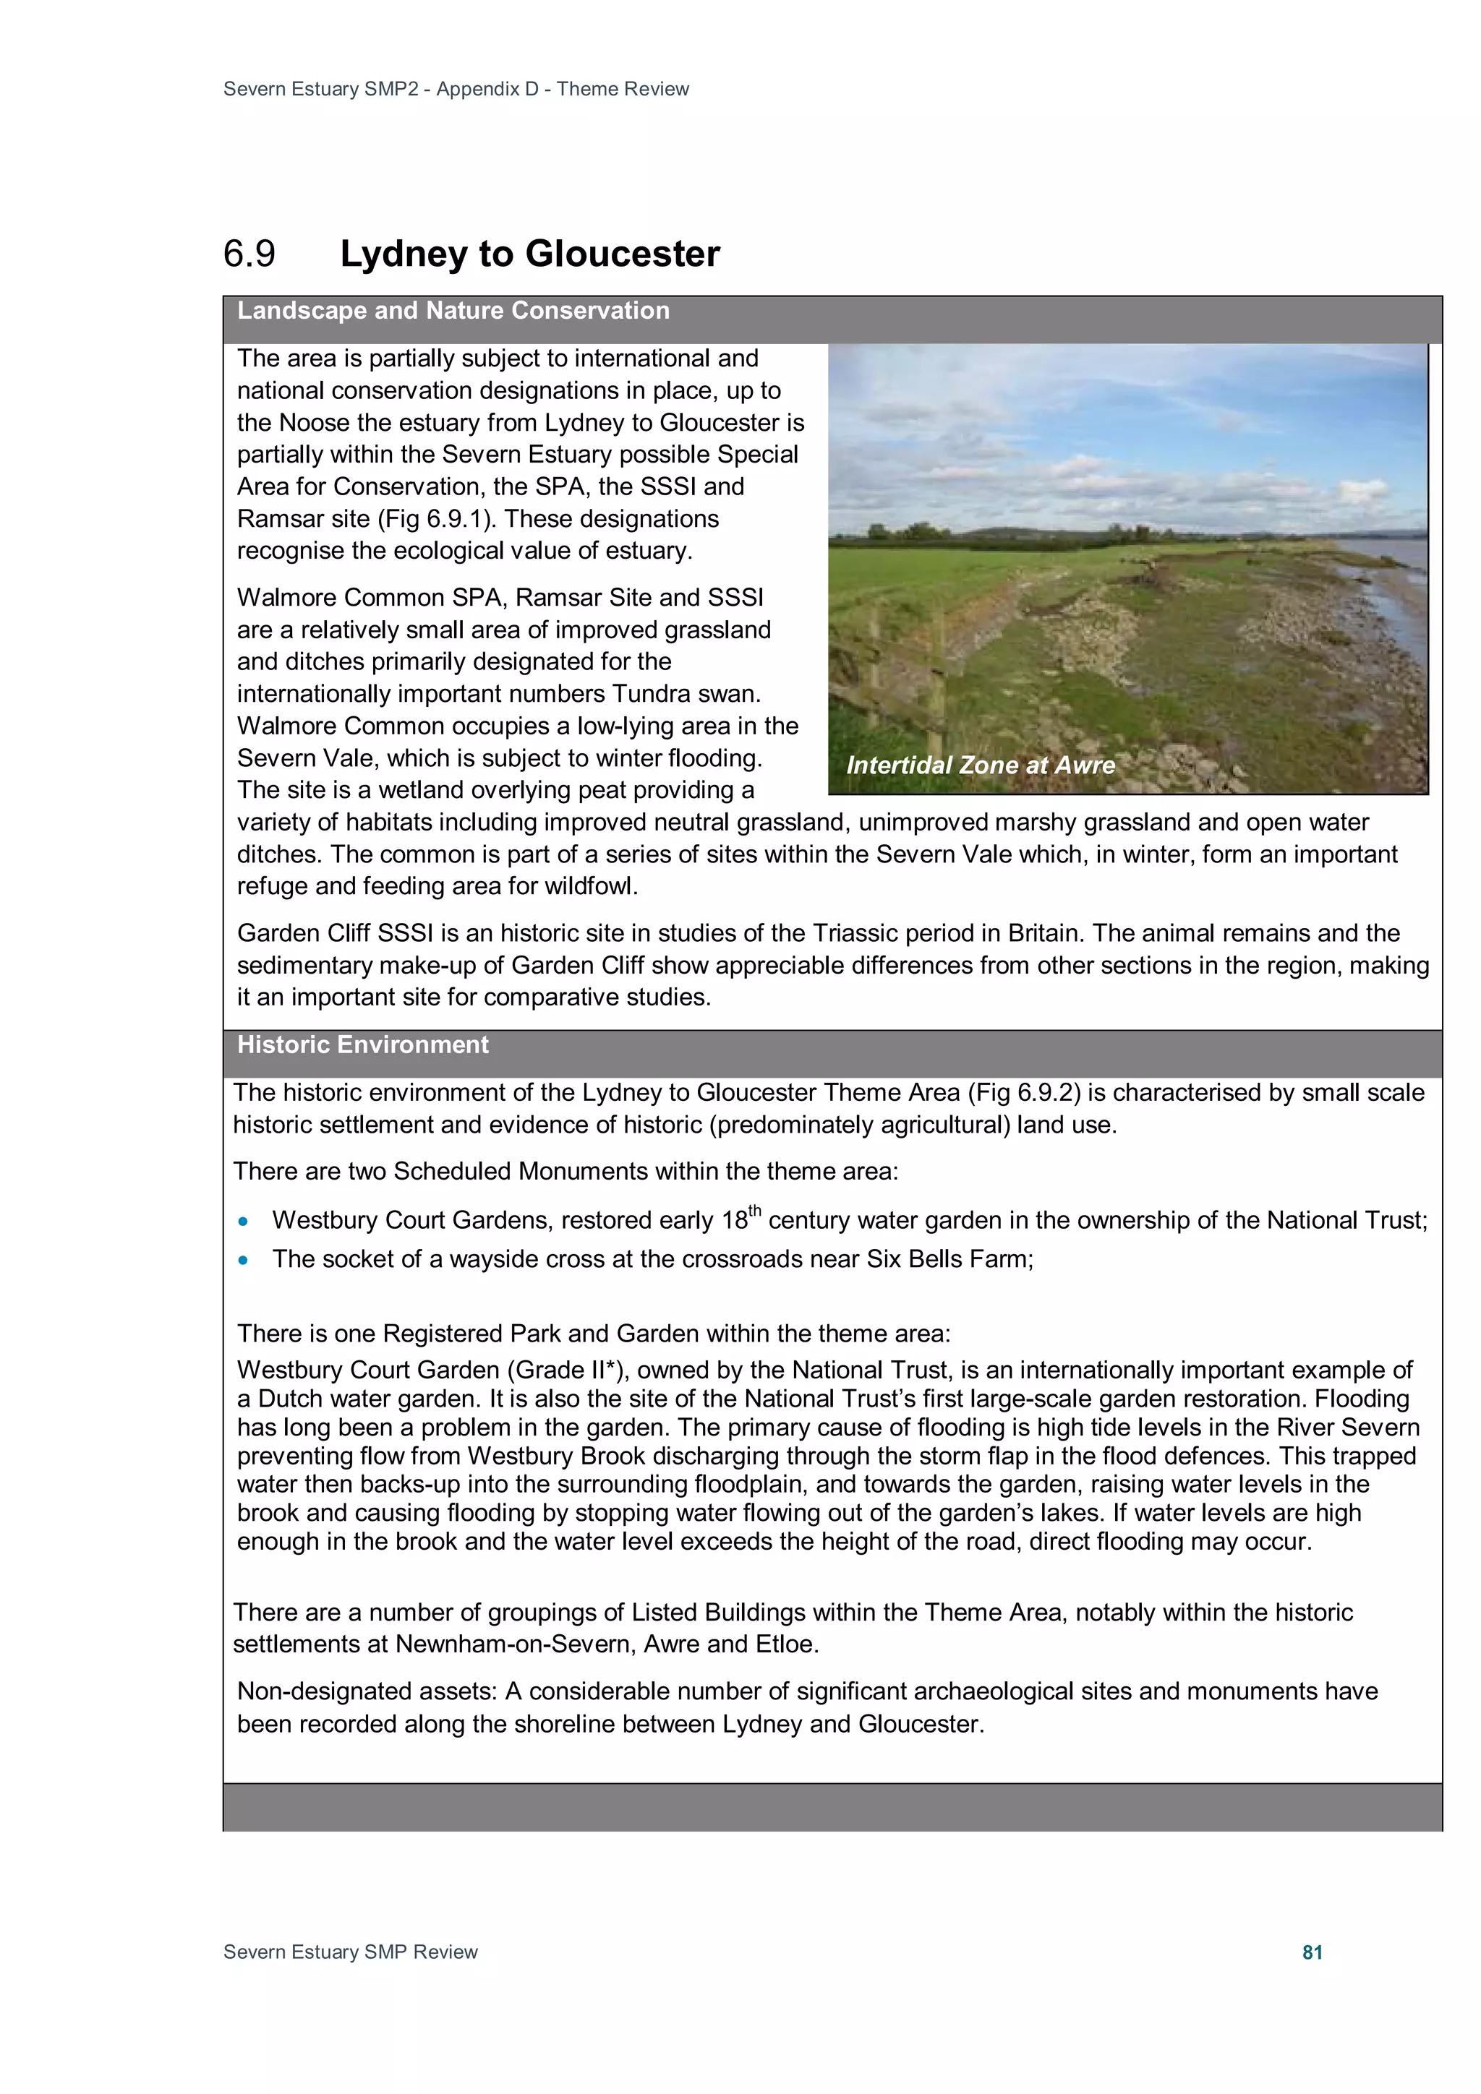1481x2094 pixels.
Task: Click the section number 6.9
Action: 249,254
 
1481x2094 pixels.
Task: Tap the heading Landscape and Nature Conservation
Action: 453,311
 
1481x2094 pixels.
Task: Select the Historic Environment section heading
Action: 362,1045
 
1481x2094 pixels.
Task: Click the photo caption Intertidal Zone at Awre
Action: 980,765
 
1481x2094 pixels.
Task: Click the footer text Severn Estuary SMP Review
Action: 351,1952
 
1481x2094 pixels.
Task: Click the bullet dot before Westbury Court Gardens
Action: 243,1221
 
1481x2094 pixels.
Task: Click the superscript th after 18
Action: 755,1211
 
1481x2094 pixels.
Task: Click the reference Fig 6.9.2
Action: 1022,1093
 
